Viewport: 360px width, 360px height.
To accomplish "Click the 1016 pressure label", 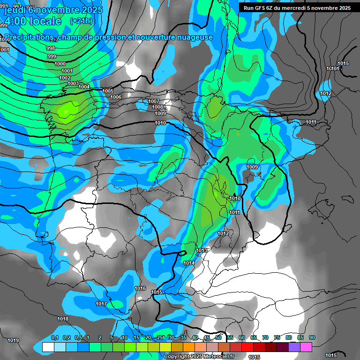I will coord(140,288).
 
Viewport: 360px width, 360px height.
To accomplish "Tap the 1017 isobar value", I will coord(101,304).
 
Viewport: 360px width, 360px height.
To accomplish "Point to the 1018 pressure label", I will coord(63,319).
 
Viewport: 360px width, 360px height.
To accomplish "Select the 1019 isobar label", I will coord(13,340).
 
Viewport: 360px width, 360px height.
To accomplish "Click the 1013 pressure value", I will coord(202,251).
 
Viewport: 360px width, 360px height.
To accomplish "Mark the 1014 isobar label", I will coord(189,263).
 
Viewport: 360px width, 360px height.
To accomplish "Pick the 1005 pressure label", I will coord(108,91).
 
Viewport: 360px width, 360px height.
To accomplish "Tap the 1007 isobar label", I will coord(154,102).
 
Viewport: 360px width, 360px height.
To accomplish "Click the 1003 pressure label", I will coord(73,83).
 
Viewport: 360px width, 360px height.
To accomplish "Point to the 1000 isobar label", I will coord(60,64).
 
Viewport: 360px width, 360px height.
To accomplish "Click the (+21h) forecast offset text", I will coord(81,21).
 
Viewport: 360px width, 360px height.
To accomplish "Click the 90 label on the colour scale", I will coord(312,337).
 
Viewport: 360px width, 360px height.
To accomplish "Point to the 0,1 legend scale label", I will coord(55,337).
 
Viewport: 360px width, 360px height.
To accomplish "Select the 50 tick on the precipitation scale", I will coord(218,337).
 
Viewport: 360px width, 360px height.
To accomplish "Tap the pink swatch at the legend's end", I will coord(306,347).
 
